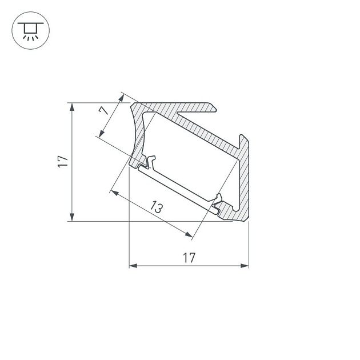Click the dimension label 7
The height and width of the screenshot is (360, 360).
click(104, 111)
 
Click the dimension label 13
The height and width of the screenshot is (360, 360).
click(157, 207)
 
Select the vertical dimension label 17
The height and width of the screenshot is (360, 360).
click(63, 162)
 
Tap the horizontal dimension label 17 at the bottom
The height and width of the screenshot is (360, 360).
click(189, 258)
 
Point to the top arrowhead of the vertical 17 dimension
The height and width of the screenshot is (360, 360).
click(72, 107)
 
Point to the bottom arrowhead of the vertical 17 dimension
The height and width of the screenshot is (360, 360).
click(72, 217)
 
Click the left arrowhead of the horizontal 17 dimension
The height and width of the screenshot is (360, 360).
click(133, 266)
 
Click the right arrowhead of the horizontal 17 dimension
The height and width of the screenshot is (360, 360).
click(245, 266)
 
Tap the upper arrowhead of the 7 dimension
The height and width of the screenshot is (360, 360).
click(121, 98)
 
